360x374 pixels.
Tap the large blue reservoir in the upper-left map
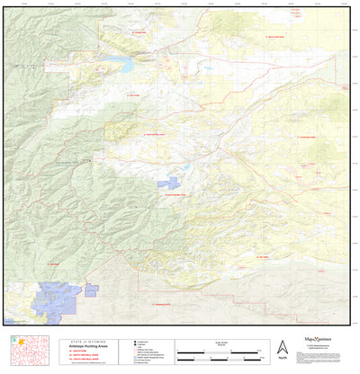(118, 65)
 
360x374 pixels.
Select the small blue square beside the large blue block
(91, 289)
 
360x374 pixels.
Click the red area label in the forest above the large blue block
(53, 264)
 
